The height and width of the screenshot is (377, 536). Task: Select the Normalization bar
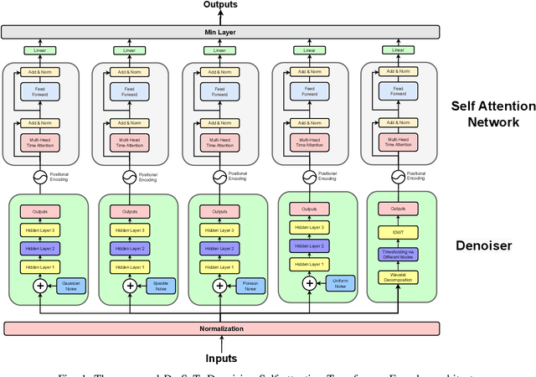[221, 328]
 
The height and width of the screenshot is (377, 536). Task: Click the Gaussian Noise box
[71, 286]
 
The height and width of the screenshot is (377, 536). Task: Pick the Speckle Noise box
[161, 286]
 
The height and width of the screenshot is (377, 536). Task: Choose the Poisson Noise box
[250, 286]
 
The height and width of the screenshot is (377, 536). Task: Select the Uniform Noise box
[341, 283]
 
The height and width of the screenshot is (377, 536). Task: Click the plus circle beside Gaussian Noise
[40, 286]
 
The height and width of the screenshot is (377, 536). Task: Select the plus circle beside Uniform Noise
[310, 283]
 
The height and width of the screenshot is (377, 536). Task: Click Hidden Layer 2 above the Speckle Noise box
[130, 249]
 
